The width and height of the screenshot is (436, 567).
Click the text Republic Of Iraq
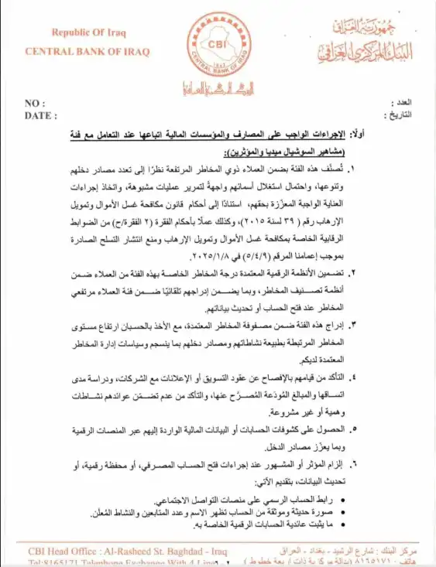tap(87, 32)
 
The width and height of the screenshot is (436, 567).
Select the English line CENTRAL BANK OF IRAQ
tap(88, 52)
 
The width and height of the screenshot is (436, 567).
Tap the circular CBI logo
tap(217, 43)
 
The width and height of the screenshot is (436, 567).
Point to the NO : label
tap(35, 104)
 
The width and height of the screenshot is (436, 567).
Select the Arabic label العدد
tap(403, 102)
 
